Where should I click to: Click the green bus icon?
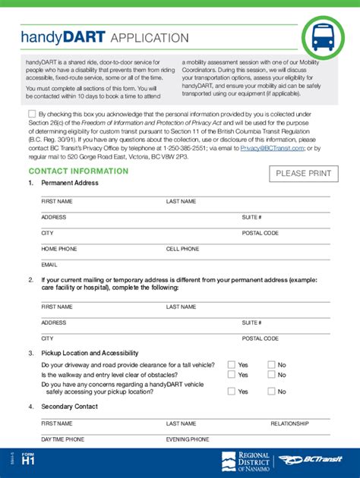pyautogui.click(x=323, y=36)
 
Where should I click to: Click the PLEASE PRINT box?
pyautogui.click(x=303, y=174)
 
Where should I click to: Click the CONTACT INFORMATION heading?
pyautogui.click(x=78, y=171)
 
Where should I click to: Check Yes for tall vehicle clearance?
pyautogui.click(x=231, y=365)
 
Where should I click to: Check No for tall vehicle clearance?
pyautogui.click(x=270, y=365)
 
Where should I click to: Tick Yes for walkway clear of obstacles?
pyautogui.click(x=231, y=375)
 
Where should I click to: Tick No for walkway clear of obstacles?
pyautogui.click(x=270, y=375)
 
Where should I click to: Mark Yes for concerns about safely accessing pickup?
pyautogui.click(x=231, y=392)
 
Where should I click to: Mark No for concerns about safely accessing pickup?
pyautogui.click(x=270, y=392)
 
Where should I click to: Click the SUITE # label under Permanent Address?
pyautogui.click(x=251, y=217)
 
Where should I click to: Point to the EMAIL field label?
pyautogui.click(x=49, y=265)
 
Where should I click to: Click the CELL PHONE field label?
pyautogui.click(x=182, y=249)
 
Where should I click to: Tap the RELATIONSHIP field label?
pyautogui.click(x=289, y=423)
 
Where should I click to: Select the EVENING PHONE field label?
pyautogui.click(x=188, y=439)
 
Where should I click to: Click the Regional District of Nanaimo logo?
pyautogui.click(x=244, y=461)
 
